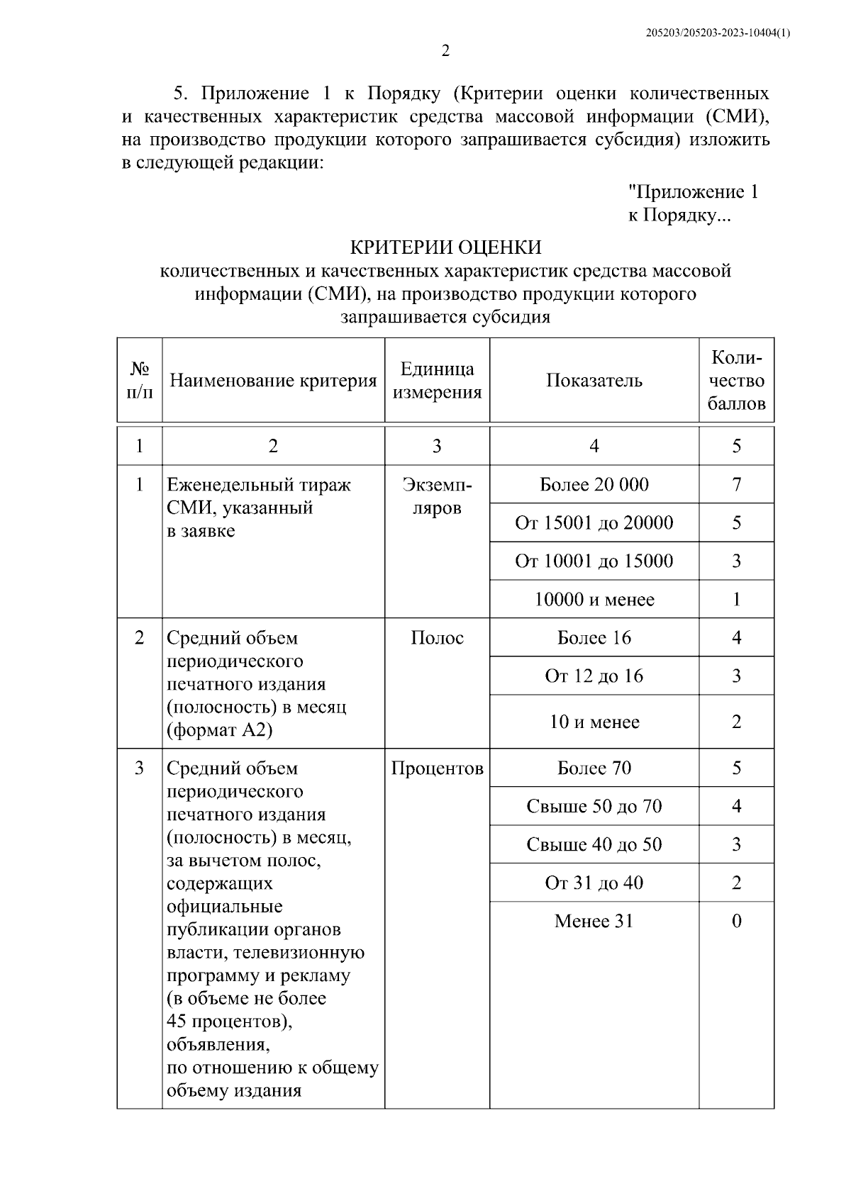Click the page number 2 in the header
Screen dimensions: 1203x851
click(x=445, y=51)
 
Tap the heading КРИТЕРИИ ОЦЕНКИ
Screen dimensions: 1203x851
click(x=445, y=247)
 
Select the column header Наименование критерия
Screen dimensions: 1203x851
click(x=273, y=381)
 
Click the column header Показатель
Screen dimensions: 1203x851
click(x=594, y=381)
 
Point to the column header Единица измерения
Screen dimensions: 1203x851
click(x=437, y=381)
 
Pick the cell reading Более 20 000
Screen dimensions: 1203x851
click(x=594, y=485)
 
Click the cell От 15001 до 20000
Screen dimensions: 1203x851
click(x=594, y=523)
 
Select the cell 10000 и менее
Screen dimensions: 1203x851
click(x=594, y=600)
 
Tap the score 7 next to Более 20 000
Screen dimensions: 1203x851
click(x=736, y=485)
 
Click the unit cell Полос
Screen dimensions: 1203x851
click(x=437, y=638)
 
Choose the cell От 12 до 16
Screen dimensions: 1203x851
click(x=594, y=676)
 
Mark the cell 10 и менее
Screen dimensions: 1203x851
click(x=594, y=722)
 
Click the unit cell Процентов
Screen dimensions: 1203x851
click(x=437, y=768)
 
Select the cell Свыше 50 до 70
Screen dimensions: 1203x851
click(x=594, y=807)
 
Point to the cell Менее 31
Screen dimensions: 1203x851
click(x=594, y=922)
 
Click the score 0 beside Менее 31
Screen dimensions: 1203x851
click(x=736, y=922)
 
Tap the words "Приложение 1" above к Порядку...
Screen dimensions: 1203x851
click(x=693, y=192)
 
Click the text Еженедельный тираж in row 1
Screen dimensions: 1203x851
click(x=258, y=485)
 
